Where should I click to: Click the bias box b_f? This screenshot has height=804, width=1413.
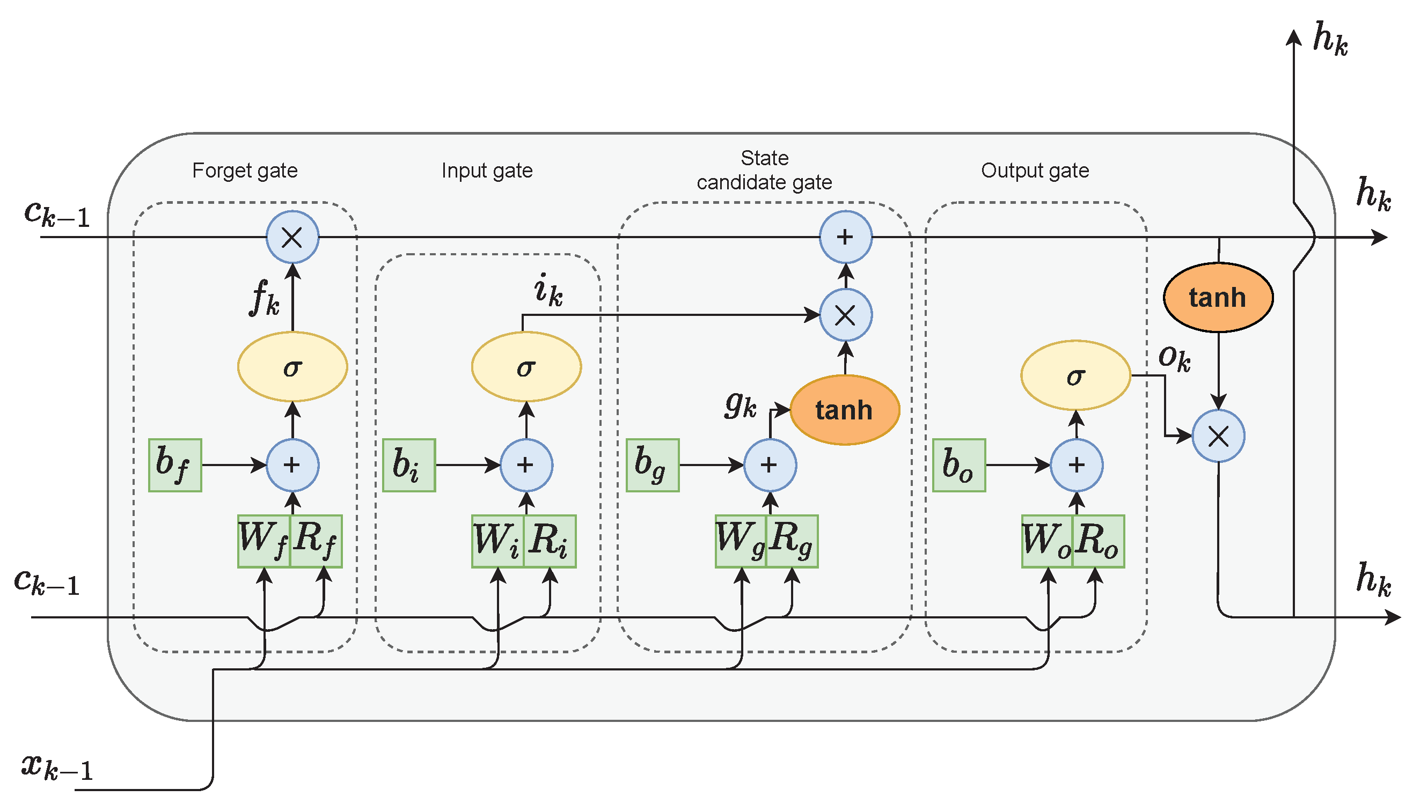pos(174,465)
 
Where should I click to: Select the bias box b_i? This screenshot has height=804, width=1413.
pos(409,465)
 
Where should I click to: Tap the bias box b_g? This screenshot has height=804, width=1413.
pos(653,465)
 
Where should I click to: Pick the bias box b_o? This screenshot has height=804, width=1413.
pos(959,465)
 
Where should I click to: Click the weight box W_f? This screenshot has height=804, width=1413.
pos(263,541)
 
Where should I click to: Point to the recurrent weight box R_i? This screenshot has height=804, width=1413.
pos(550,541)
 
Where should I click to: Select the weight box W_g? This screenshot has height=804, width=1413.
pos(740,541)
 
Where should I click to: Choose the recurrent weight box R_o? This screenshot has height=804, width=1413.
pos(1098,541)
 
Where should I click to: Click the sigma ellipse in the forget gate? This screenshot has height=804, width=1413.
pos(292,367)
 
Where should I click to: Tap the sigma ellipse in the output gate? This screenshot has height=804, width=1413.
pos(1075,375)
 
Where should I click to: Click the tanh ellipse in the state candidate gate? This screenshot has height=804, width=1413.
pos(845,410)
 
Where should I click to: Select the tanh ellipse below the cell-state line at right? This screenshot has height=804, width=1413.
pos(1218,298)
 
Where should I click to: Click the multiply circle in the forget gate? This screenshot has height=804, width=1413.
pos(292,238)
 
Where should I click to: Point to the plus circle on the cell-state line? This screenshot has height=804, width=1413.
pos(845,238)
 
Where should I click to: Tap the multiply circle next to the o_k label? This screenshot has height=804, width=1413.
pos(1218,436)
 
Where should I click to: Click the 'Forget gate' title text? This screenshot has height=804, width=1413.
pos(245,171)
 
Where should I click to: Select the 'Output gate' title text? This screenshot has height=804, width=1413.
pos(1035,171)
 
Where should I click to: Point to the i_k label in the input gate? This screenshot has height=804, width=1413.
pos(548,290)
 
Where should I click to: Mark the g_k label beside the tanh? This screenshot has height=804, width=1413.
pos(740,405)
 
